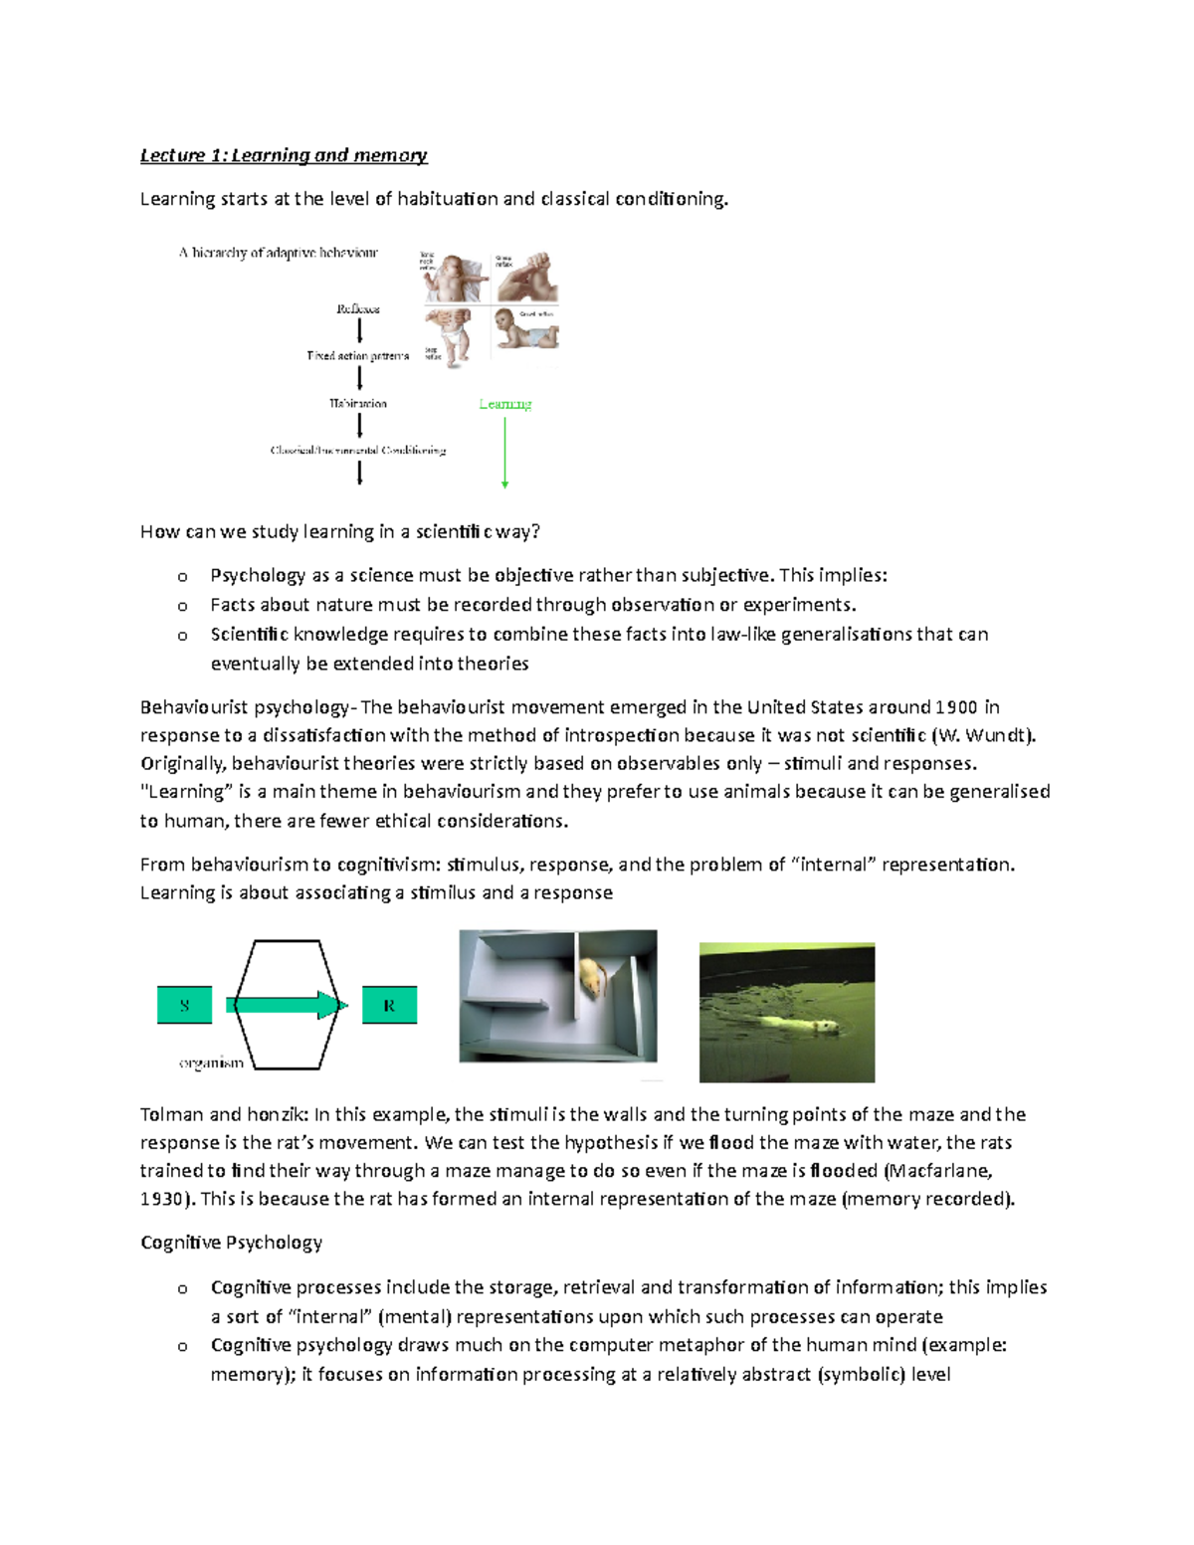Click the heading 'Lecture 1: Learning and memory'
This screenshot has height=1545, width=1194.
[x=284, y=155]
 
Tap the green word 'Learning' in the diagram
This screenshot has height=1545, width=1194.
[x=504, y=404]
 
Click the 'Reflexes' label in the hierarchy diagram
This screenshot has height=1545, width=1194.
[x=358, y=309]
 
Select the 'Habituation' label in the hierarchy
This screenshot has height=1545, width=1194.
[x=358, y=404]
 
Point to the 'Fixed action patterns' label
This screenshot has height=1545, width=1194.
[x=357, y=356]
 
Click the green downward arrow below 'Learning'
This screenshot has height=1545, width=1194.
[x=505, y=453]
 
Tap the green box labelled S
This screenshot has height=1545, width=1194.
[x=185, y=1006]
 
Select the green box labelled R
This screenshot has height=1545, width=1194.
[x=389, y=1006]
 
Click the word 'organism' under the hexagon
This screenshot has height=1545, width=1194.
[x=211, y=1063]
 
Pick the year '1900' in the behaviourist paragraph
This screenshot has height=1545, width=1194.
[x=956, y=707]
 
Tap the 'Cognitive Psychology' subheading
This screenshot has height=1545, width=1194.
[x=231, y=1243]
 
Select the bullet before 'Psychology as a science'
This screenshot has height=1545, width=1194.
[x=182, y=577]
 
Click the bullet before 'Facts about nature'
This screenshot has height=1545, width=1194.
[x=182, y=606]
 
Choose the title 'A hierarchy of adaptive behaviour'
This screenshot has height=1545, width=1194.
[x=278, y=253]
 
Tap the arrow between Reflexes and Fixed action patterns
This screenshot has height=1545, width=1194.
[x=359, y=330]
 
